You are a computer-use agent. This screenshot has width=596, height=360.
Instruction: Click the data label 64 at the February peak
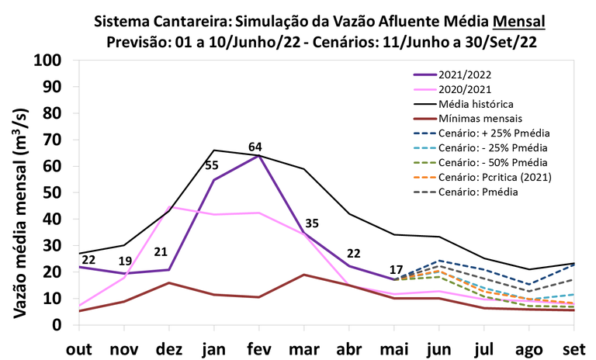click(x=255, y=147)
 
